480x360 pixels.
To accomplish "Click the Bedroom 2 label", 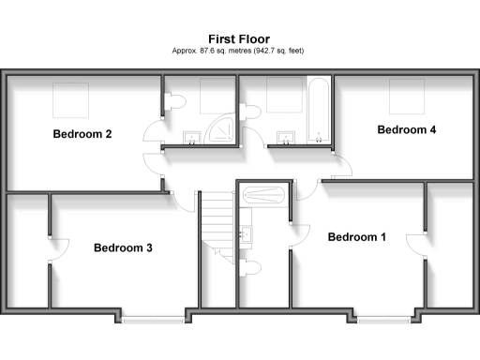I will click(82, 134).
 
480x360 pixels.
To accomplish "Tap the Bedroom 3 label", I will click(123, 248).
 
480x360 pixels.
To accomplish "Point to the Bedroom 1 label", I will click(356, 237).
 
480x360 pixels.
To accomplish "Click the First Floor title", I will click(239, 38).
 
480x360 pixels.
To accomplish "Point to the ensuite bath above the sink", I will click(262, 197).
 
